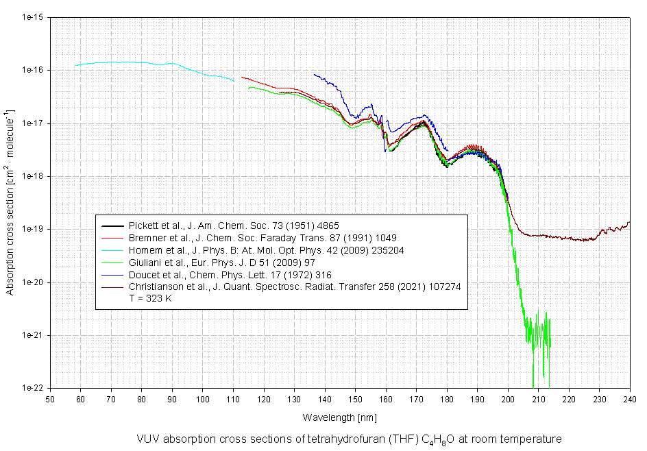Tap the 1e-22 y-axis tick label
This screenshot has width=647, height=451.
pos(33,388)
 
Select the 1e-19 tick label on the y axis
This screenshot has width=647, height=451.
pos(33,229)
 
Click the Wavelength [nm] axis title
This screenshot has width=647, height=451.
pos(339,417)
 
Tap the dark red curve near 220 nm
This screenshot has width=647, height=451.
pos(569,239)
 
